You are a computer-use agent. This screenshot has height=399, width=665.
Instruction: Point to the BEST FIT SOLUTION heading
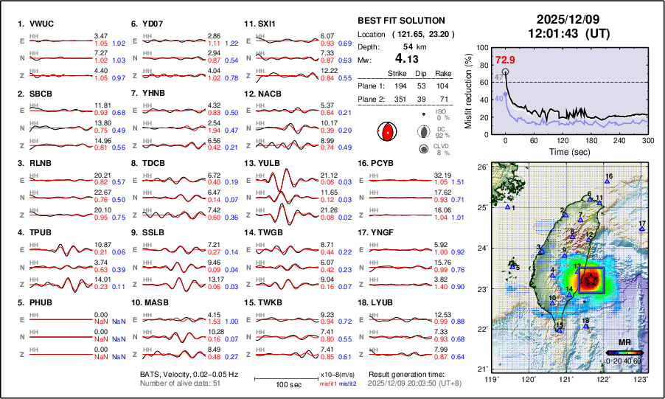[401, 21]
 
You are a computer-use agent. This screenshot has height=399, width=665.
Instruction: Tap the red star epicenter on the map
[591, 280]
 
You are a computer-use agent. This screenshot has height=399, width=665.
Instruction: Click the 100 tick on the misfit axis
[483, 46]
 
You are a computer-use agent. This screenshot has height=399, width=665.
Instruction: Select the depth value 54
[407, 46]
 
